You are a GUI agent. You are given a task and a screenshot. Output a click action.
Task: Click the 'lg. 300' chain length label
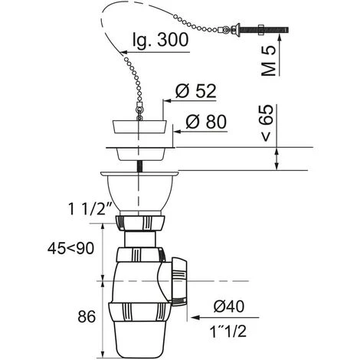point(160,40)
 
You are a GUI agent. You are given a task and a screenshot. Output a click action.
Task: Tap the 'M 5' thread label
point(269,61)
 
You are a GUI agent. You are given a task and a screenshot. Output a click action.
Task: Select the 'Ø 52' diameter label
point(196,91)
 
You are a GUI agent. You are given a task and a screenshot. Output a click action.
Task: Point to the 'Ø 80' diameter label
point(206,122)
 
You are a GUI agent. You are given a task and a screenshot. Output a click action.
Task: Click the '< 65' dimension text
point(267,123)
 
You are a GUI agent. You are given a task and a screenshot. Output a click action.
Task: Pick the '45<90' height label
point(70,248)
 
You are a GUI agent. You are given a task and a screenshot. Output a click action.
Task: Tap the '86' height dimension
point(87,316)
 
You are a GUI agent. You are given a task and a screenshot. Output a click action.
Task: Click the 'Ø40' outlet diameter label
point(229,306)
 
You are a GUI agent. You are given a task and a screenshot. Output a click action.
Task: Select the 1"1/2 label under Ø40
point(228,332)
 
